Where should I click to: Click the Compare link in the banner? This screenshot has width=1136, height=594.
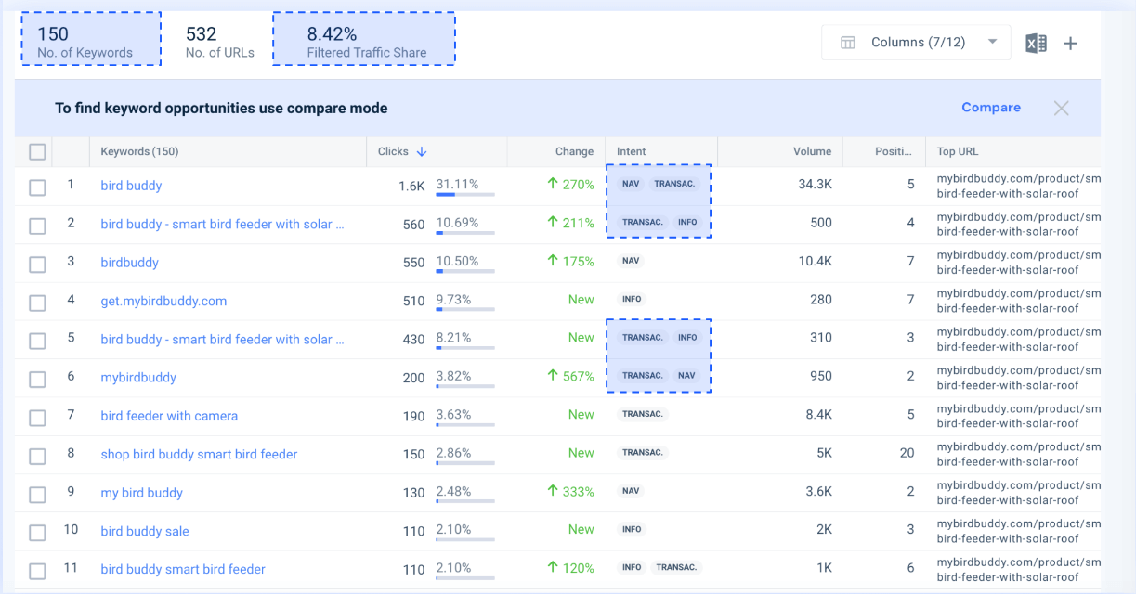click(990, 108)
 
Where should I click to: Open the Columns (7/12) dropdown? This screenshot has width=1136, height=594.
click(916, 43)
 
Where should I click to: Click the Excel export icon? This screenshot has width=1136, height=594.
click(1036, 43)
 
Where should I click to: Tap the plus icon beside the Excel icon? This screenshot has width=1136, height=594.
click(1070, 43)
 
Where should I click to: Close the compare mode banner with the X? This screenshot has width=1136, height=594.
click(1061, 108)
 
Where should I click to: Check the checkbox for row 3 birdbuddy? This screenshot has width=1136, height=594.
click(37, 265)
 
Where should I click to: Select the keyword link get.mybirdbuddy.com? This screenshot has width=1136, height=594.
click(163, 301)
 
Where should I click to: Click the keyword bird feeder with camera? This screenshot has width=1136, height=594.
click(169, 416)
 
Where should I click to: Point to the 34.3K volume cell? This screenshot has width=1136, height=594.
click(815, 185)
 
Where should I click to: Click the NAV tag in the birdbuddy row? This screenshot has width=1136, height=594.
click(631, 261)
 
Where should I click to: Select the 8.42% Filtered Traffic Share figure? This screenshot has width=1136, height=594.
click(332, 34)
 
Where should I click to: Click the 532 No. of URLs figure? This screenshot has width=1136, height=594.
click(201, 34)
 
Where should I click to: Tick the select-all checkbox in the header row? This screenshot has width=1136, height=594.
click(37, 152)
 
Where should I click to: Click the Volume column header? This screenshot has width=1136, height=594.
click(812, 151)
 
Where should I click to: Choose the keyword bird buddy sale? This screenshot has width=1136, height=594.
click(145, 531)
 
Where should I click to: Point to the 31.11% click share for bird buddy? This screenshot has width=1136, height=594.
click(457, 184)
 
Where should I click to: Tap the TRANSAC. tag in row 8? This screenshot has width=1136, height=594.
click(643, 453)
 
